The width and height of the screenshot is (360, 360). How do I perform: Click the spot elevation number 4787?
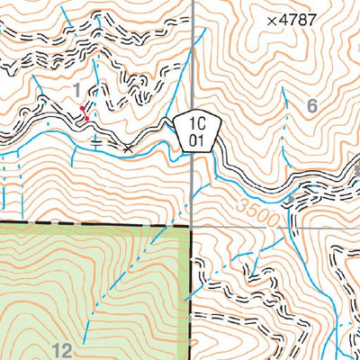pyautogui.click(x=299, y=19)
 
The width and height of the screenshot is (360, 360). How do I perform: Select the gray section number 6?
pyautogui.click(x=312, y=106)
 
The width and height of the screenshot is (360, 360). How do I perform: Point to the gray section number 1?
pyautogui.click(x=78, y=89)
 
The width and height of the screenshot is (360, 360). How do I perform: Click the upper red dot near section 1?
pyautogui.click(x=82, y=105)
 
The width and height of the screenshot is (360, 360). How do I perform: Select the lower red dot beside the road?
pyautogui.click(x=85, y=117)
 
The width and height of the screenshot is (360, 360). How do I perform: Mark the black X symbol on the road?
pyautogui.click(x=130, y=146)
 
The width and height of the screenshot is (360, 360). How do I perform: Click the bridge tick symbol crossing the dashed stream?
pyautogui.click(x=97, y=140)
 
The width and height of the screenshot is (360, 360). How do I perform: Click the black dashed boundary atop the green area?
pyautogui.click(x=90, y=224)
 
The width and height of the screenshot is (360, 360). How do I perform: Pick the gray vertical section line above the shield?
pyautogui.click(x=193, y=54)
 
